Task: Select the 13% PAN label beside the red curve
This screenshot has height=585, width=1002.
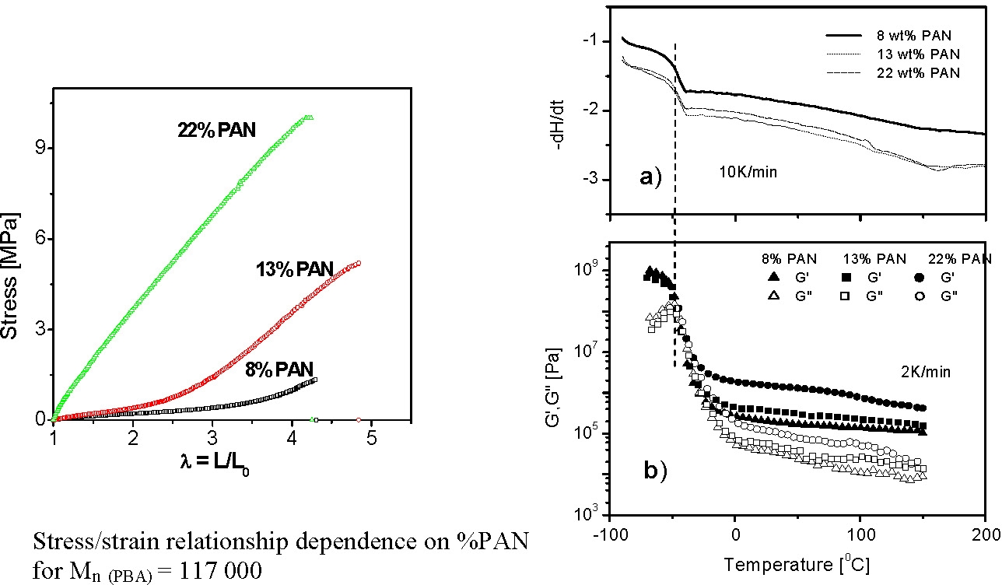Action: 294,270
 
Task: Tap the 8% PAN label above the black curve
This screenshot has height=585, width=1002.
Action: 281,368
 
